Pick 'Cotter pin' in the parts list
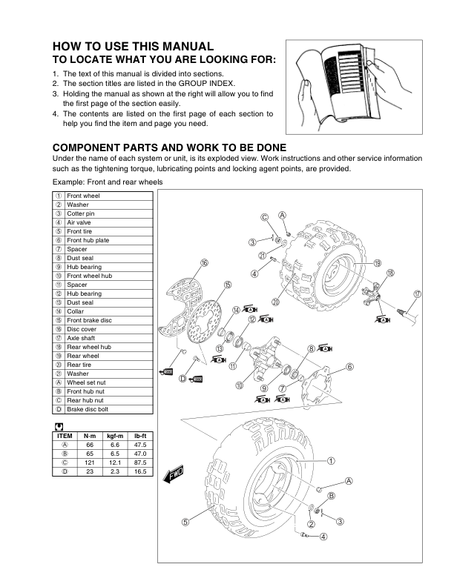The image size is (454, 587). tap(81, 213)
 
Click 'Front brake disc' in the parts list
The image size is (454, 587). tap(90, 320)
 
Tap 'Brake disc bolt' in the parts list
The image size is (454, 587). tap(89, 409)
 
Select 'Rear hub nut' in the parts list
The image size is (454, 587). tap(85, 400)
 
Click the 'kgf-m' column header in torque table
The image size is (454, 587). tap(114, 436)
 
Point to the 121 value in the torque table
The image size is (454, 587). tap(90, 462)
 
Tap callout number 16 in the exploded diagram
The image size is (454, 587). tap(204, 263)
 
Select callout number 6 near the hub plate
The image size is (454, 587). tap(349, 366)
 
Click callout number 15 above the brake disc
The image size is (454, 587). tap(227, 284)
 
